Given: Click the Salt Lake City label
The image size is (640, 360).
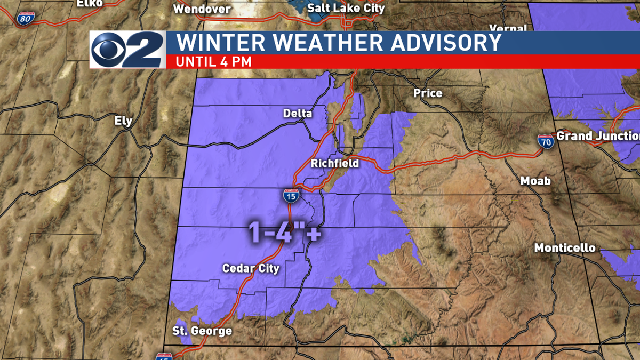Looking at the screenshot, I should click(346, 8).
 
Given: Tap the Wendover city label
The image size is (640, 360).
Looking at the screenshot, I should click(202, 9).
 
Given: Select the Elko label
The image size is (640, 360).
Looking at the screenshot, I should click(89, 3).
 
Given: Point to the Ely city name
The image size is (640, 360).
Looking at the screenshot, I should click(123, 121).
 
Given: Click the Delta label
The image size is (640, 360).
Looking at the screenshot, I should click(298, 113).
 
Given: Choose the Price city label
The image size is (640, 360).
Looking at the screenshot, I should click(428, 93).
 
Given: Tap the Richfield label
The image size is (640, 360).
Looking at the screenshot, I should click(335, 163).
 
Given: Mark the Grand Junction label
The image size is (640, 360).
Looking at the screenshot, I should click(597, 137).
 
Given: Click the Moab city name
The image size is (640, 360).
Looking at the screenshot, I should click(535, 181).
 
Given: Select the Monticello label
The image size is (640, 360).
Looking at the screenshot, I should click(565, 248).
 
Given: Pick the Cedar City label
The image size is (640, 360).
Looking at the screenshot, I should click(251, 268).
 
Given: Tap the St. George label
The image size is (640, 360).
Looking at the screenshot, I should click(202, 331).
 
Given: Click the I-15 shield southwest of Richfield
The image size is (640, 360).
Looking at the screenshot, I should click(290, 196).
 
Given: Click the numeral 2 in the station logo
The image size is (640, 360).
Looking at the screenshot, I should click(146, 50).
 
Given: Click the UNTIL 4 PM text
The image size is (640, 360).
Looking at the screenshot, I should click(213, 61).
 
